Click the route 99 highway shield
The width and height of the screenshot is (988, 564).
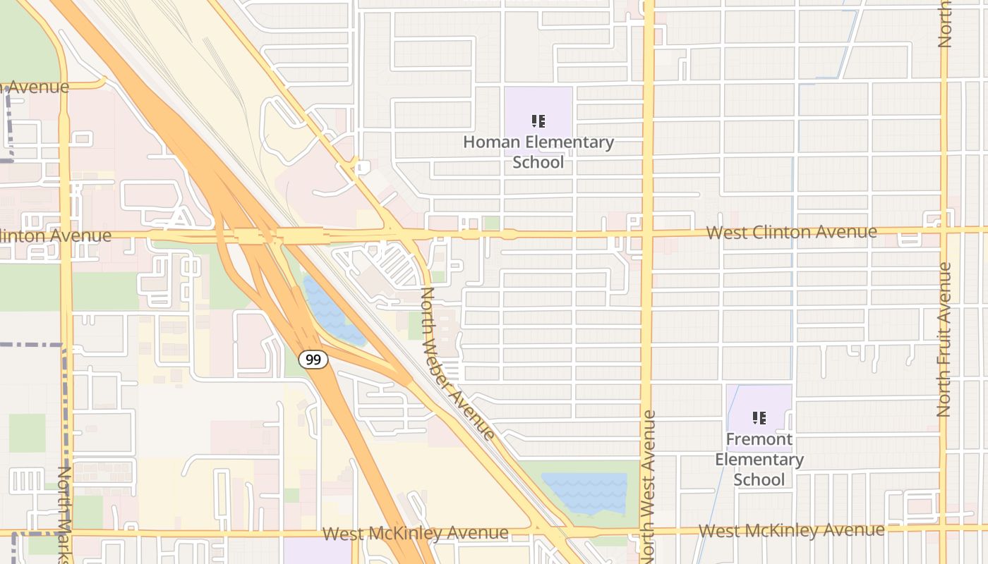[313, 360]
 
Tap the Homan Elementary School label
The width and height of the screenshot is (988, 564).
[538, 152]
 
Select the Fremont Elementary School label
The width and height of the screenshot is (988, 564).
[759, 459]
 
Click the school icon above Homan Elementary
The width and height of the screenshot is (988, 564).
[538, 121]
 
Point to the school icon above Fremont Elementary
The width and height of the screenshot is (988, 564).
[759, 418]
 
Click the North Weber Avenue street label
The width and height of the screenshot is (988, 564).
[457, 362]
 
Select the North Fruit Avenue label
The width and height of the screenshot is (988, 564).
[944, 338]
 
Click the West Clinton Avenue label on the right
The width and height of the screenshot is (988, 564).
[791, 232]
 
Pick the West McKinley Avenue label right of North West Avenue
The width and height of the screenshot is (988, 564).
[791, 530]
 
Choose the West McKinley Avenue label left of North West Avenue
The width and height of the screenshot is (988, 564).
[415, 533]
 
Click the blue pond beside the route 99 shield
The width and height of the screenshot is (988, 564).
[330, 314]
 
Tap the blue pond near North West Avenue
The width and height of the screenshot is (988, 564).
[586, 492]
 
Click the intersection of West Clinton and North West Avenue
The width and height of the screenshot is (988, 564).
[648, 232]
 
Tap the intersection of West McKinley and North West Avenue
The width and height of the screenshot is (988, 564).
[646, 531]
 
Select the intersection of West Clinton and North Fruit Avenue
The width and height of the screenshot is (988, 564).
[944, 230]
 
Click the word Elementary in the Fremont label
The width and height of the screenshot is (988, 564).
[759, 460]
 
